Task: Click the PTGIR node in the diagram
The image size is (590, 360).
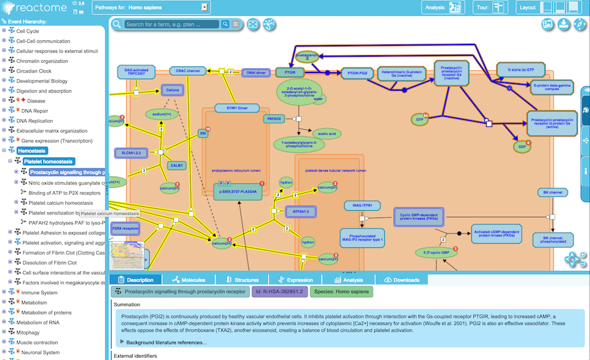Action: tap(290, 72)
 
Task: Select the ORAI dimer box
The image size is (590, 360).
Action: tap(256, 72)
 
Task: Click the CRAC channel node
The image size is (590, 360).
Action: tap(185, 71)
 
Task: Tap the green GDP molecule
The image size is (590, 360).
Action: tap(521, 147)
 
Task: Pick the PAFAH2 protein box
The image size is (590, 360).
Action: tap(274, 119)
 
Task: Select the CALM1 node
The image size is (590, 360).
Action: tap(177, 165)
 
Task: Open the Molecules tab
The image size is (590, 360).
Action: tap(189, 280)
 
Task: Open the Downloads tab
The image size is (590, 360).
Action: tap(402, 280)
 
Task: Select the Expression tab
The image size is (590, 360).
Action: tap(295, 280)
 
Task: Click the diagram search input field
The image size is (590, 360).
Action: tap(172, 24)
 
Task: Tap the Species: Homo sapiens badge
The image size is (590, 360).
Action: tap(341, 292)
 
